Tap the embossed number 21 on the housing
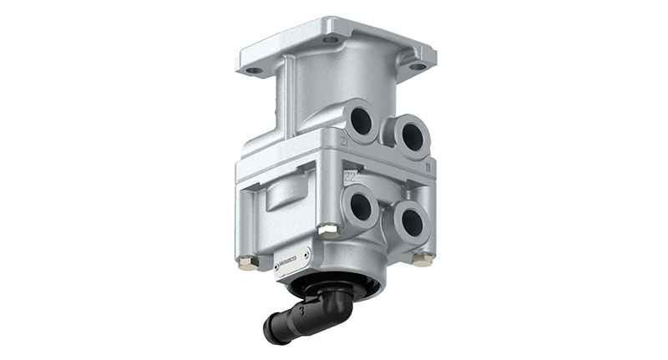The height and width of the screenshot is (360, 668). point(344,142)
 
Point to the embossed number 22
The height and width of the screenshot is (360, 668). point(351,177)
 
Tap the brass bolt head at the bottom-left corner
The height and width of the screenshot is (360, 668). point(247,264)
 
